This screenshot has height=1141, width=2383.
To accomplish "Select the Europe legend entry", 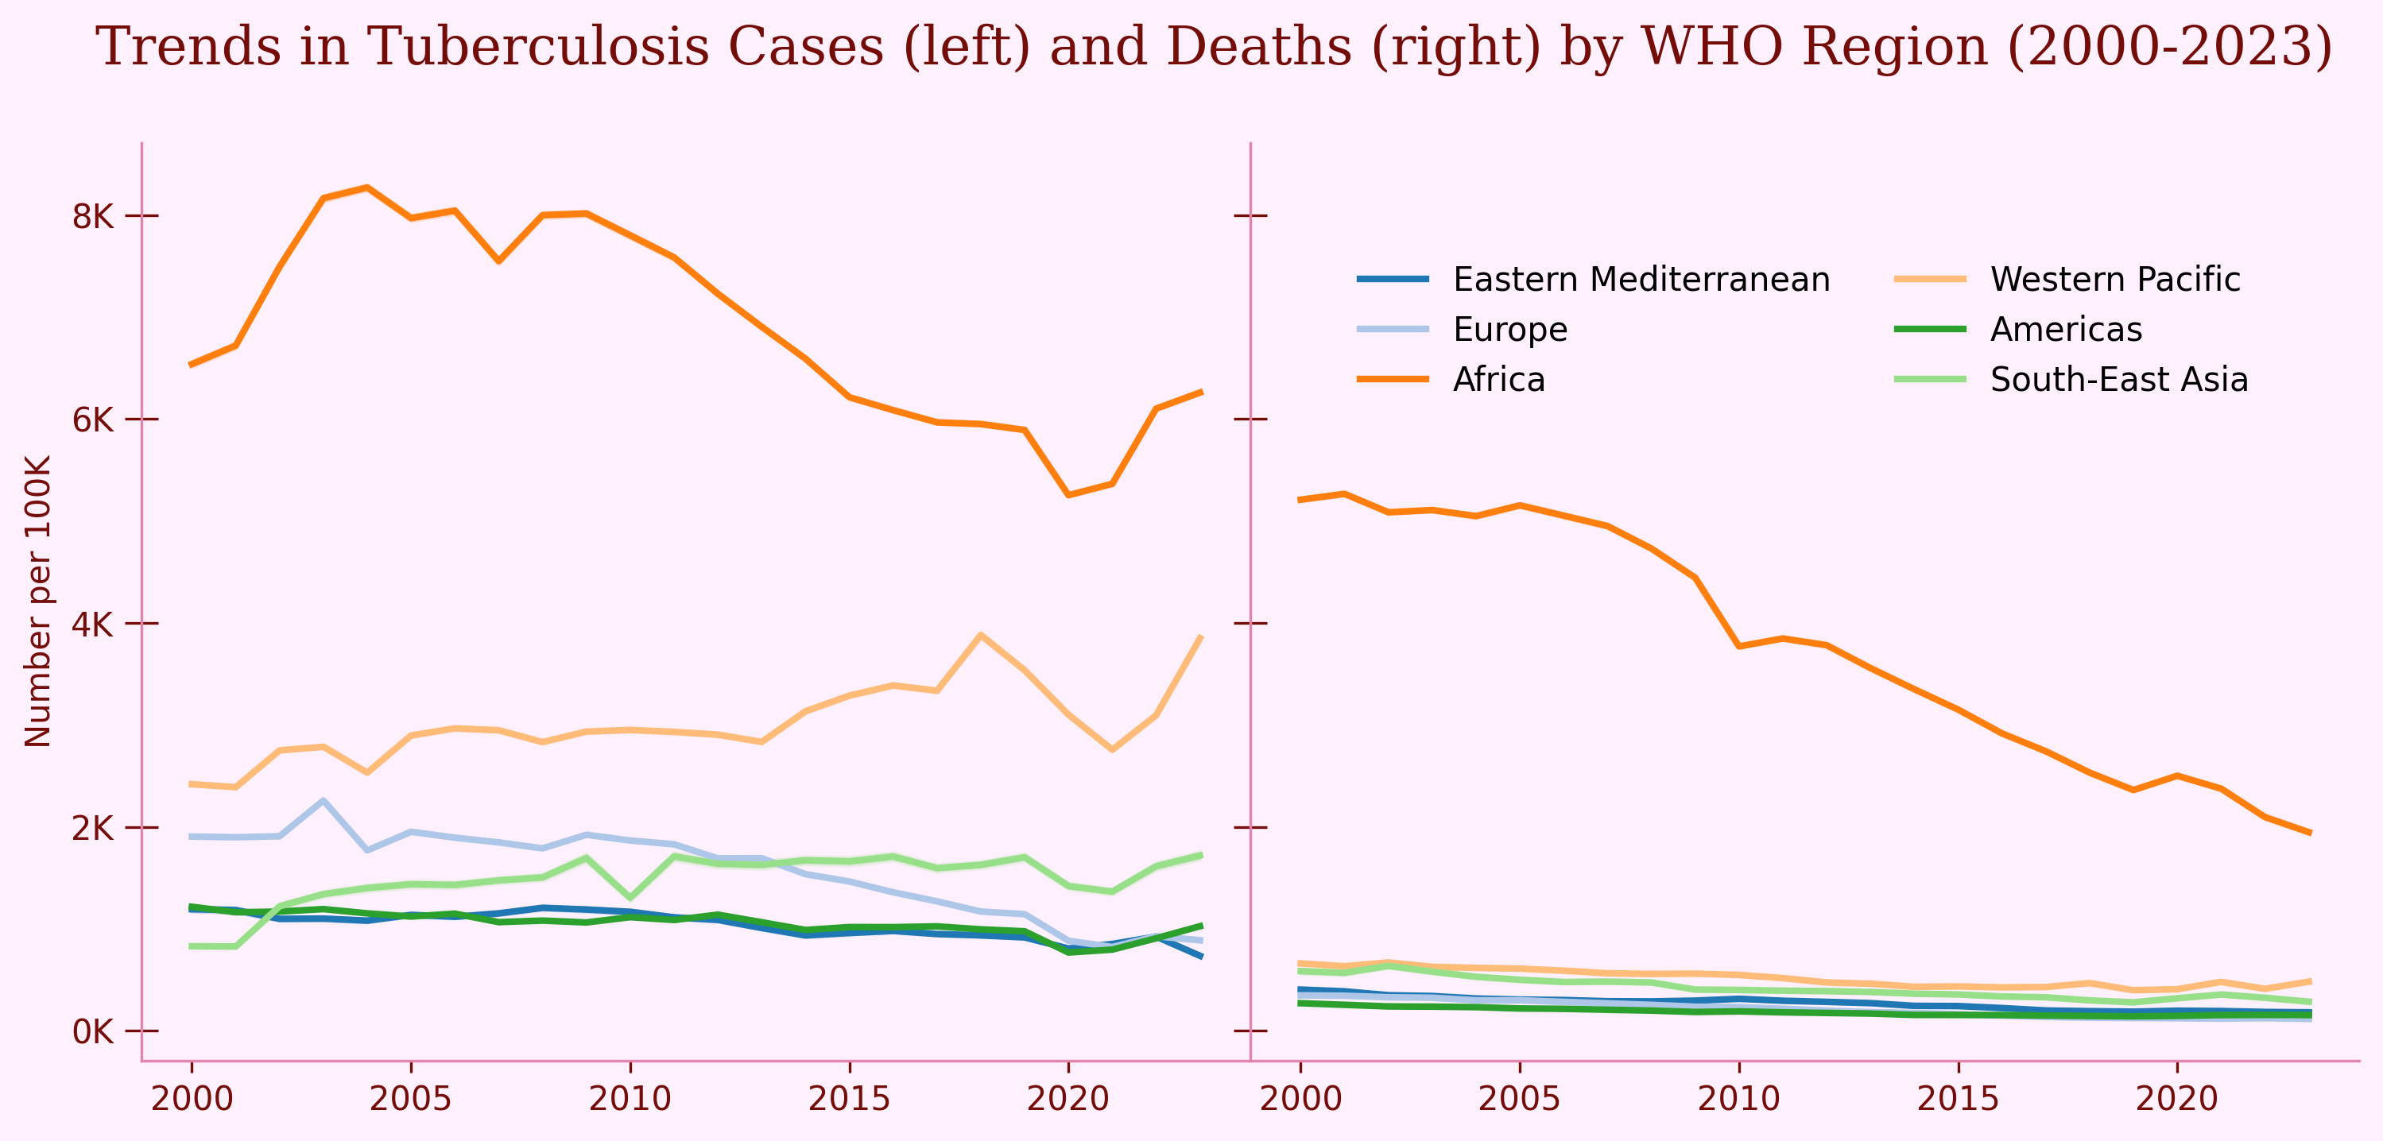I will [x=1509, y=329].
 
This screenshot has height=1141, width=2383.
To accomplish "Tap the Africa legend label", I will [x=1498, y=379].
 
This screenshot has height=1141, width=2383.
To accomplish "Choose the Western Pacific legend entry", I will [x=2114, y=279].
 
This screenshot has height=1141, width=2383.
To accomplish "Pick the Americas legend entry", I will [x=2066, y=329].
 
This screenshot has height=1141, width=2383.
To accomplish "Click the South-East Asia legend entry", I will [x=2118, y=379].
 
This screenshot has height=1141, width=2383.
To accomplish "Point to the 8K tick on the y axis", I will [x=92, y=216].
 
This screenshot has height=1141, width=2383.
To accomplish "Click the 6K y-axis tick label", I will [x=92, y=420].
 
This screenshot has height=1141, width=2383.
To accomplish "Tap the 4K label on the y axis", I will [x=92, y=624].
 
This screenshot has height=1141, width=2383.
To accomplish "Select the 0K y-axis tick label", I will [x=92, y=1031].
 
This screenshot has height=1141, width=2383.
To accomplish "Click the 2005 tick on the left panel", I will [x=411, y=1098].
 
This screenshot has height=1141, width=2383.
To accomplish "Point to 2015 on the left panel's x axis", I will [x=849, y=1098].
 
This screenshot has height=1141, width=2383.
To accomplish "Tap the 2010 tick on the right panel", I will [x=1739, y=1098].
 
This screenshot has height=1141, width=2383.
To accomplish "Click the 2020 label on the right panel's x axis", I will [x=2176, y=1098].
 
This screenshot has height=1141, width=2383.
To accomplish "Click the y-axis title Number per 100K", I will [x=37, y=601].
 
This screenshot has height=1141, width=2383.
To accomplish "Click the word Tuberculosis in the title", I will [x=542, y=46].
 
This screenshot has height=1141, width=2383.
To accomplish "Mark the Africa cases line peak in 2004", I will [x=367, y=188].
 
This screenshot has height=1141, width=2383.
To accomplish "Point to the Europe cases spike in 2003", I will [x=323, y=801].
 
